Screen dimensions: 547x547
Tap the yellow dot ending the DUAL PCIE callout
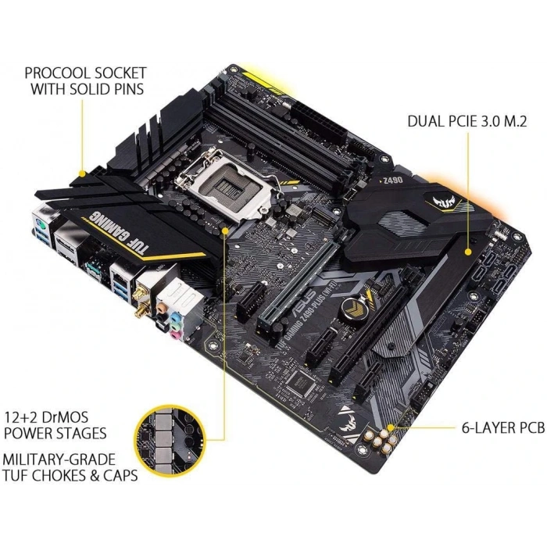coord(467,252)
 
